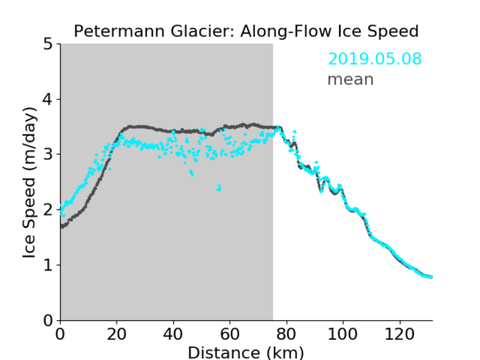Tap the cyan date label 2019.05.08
pos(374,59)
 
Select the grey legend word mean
pos(351,79)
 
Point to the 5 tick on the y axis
pos(48,44)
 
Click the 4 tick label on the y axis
pos(48,99)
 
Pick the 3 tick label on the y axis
pos(48,155)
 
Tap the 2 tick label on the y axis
pos(48,210)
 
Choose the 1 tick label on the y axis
pos(48,265)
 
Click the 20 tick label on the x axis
pos(117,334)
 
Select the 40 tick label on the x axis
pos(173,334)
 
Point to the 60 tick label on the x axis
pos(230,334)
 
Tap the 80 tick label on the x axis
pos(286,334)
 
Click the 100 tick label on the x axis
pos(342,334)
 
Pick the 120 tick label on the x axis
pos(399,334)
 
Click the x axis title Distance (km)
pos(246,352)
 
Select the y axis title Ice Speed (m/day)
pos(30,183)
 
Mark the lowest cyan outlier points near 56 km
pos(219,188)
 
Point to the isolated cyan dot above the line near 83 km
pos(294,132)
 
